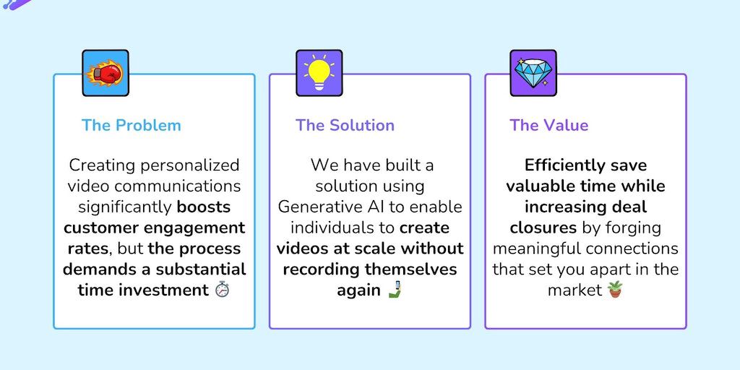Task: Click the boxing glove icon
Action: pos(106,73)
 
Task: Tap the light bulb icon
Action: pos(319,73)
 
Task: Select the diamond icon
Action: pos(533,73)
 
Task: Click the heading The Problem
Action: pos(132,125)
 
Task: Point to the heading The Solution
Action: pos(345,125)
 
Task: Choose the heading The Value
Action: pos(548,125)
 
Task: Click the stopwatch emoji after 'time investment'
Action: pos(223,291)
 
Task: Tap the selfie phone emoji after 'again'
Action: pos(394,291)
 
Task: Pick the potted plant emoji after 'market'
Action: pos(615,291)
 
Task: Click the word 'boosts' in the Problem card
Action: pos(204,207)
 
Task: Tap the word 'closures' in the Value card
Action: pos(543,228)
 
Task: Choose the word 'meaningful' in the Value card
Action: pos(539,249)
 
